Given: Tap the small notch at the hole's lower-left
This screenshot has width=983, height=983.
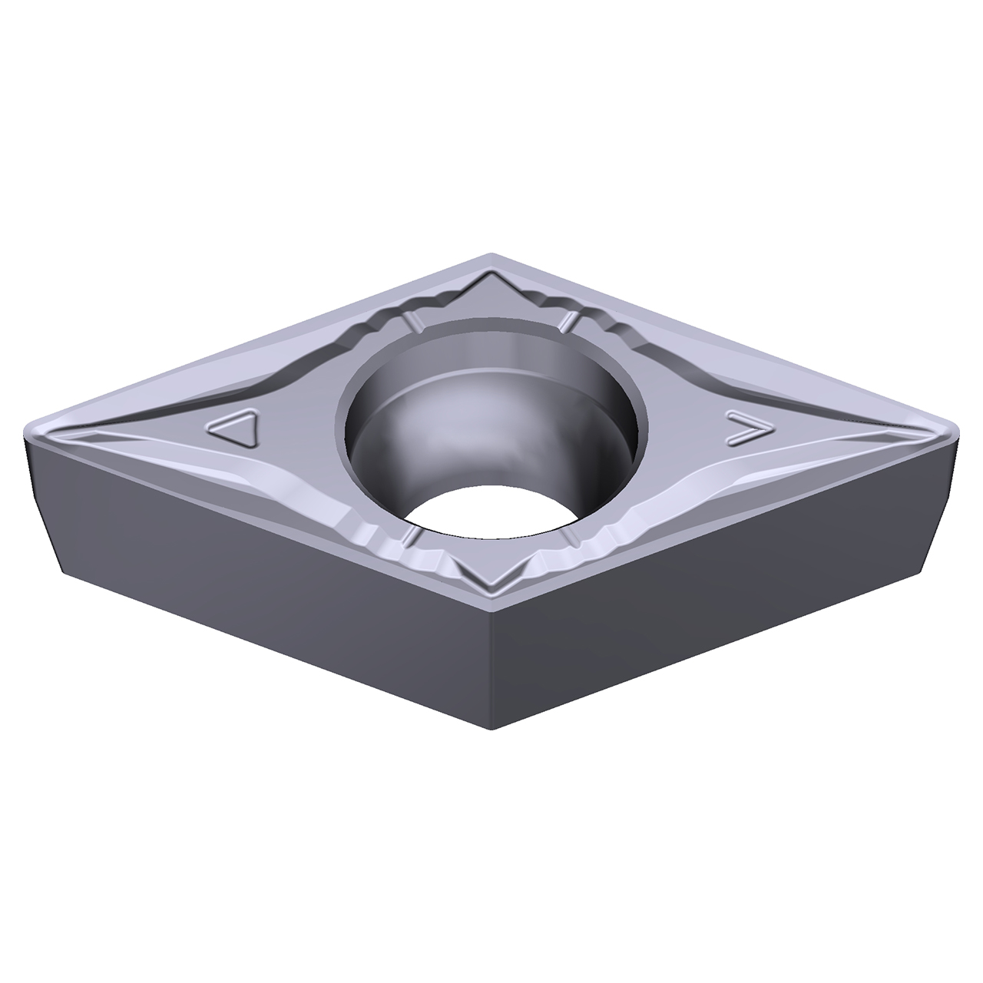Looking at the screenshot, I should click(x=411, y=534).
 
